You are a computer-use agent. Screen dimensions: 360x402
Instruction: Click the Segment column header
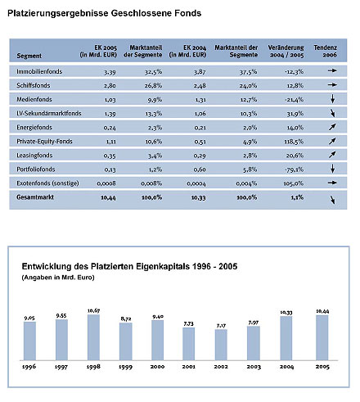[x=29, y=56]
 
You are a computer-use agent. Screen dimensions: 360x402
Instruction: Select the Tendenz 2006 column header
[x=325, y=51]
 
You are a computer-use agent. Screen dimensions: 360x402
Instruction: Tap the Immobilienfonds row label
[x=39, y=71]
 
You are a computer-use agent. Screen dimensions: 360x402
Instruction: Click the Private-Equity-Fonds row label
[x=44, y=142]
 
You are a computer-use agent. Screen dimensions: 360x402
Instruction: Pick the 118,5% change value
[x=294, y=142]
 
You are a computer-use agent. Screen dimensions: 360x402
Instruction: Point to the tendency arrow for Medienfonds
[x=332, y=98]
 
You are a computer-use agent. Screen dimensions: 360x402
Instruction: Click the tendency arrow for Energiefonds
[x=332, y=127]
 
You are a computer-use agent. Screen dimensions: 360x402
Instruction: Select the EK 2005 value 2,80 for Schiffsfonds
[x=110, y=86]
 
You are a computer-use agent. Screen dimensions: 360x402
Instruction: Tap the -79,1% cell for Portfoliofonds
[x=294, y=169]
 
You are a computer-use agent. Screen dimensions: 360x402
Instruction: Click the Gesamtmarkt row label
[x=35, y=197]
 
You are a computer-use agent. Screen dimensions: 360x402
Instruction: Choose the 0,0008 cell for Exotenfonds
[x=106, y=183]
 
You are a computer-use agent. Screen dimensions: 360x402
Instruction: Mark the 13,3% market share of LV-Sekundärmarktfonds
[x=154, y=114]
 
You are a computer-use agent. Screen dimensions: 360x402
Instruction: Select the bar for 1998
[x=93, y=337]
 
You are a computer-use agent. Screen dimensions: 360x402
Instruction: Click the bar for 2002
[x=221, y=345]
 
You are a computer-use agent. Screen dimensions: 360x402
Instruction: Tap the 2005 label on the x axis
[x=322, y=367]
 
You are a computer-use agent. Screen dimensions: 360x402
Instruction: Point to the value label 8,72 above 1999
[x=126, y=318]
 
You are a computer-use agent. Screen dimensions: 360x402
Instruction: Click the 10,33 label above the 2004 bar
[x=286, y=312]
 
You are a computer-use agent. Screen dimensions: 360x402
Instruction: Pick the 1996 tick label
[x=29, y=367]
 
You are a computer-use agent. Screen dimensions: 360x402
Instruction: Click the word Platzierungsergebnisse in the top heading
[x=58, y=13]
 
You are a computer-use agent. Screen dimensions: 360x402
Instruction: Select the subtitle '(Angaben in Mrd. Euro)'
[x=58, y=278]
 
